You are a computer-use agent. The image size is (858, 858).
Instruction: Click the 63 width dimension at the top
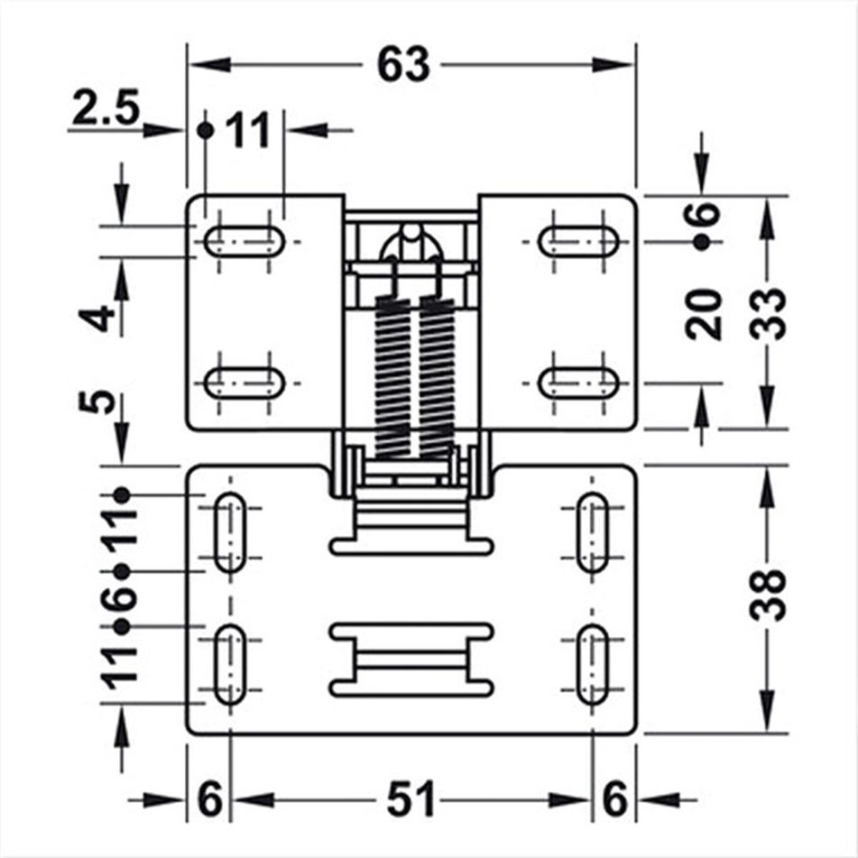[402, 65]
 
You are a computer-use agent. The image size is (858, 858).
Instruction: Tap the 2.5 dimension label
[105, 112]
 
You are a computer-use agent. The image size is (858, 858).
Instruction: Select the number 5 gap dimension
[105, 401]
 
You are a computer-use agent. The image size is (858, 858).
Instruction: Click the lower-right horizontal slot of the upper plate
[579, 383]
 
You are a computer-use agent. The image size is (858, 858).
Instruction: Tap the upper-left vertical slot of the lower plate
[230, 532]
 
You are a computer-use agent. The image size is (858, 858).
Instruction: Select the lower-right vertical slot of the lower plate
[592, 665]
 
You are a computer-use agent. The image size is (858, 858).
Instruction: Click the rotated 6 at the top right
[705, 216]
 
